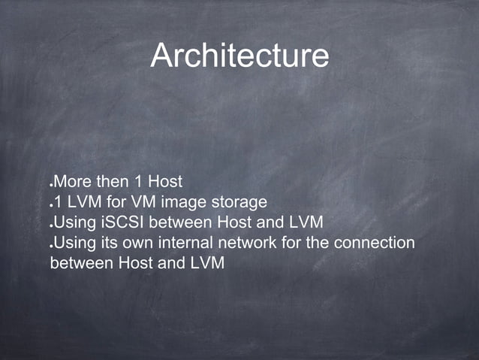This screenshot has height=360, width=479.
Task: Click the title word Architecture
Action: click(x=239, y=57)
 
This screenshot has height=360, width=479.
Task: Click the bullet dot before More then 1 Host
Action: click(x=51, y=185)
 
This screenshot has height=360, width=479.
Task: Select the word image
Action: click(x=177, y=202)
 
